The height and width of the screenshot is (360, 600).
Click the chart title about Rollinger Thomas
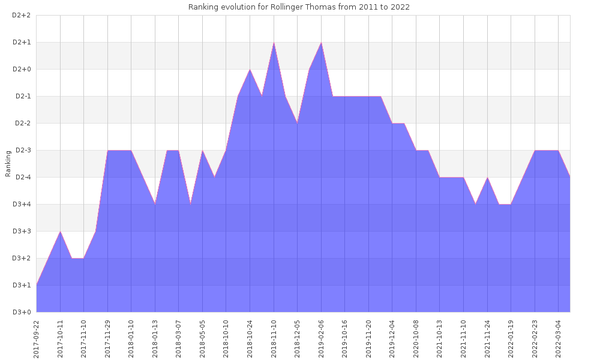click(299, 7)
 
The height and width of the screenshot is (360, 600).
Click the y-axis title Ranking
click(8, 164)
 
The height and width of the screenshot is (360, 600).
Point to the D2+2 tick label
click(22, 15)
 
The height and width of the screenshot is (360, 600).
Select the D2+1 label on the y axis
click(22, 42)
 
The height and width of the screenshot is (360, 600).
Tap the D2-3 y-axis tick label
click(22, 150)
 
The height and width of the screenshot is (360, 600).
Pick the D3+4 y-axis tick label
click(22, 204)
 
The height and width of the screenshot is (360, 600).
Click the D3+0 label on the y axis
click(22, 312)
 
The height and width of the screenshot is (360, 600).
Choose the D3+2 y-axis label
click(22, 258)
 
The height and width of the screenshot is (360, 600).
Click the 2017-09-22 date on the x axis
click(37, 337)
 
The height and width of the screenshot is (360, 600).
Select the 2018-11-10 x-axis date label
click(274, 337)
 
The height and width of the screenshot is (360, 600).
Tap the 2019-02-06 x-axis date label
click(322, 337)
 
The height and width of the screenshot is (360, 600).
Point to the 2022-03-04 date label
click(559, 337)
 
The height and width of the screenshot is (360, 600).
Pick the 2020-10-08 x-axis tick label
click(416, 337)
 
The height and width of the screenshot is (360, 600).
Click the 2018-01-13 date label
click(155, 337)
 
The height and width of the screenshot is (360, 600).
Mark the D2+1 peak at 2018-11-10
click(274, 43)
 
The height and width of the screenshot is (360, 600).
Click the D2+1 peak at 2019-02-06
click(321, 43)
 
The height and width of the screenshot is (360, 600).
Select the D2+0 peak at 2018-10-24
click(250, 70)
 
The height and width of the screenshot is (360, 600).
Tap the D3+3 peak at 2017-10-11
click(60, 232)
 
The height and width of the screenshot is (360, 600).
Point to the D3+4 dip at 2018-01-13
click(155, 204)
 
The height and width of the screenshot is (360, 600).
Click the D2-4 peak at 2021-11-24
click(487, 178)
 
